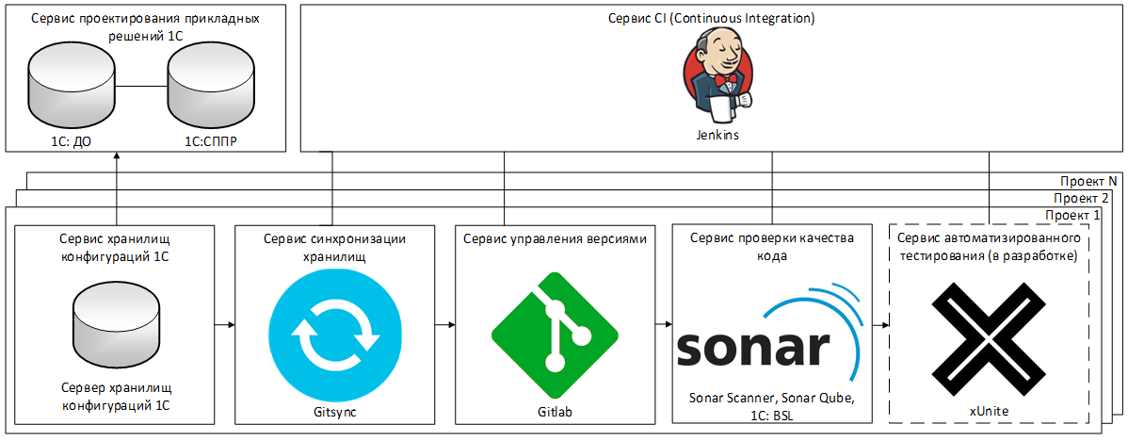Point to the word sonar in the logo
[749, 348]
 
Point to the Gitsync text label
[334, 412]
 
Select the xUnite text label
[989, 412]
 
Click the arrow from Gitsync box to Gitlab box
[443, 324]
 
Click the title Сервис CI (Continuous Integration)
[711, 19]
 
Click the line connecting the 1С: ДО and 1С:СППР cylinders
[141, 88]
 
